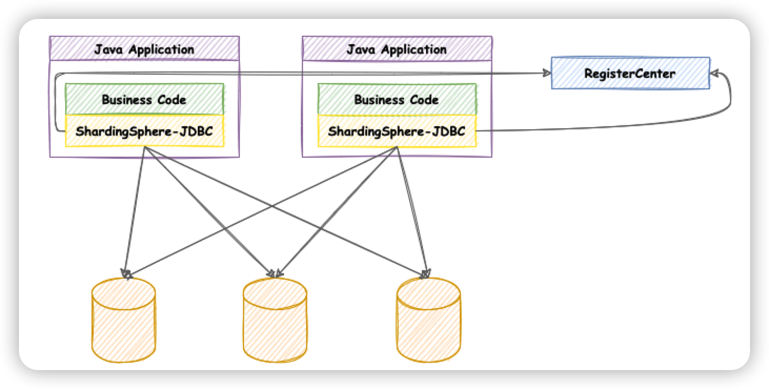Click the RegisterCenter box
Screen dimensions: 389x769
630,74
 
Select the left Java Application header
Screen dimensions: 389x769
144,49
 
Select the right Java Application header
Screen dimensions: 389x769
397,49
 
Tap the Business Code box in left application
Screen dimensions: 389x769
144,99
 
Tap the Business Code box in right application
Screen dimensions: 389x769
397,99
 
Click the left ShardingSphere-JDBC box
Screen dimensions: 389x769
144,131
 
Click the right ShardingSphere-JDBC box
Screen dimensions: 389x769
397,131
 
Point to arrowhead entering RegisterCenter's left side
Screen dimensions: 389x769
545,74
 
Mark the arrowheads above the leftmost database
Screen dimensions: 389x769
126,273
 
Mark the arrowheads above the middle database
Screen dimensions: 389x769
275,273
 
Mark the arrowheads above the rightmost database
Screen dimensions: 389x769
426,273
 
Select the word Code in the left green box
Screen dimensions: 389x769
173,99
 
